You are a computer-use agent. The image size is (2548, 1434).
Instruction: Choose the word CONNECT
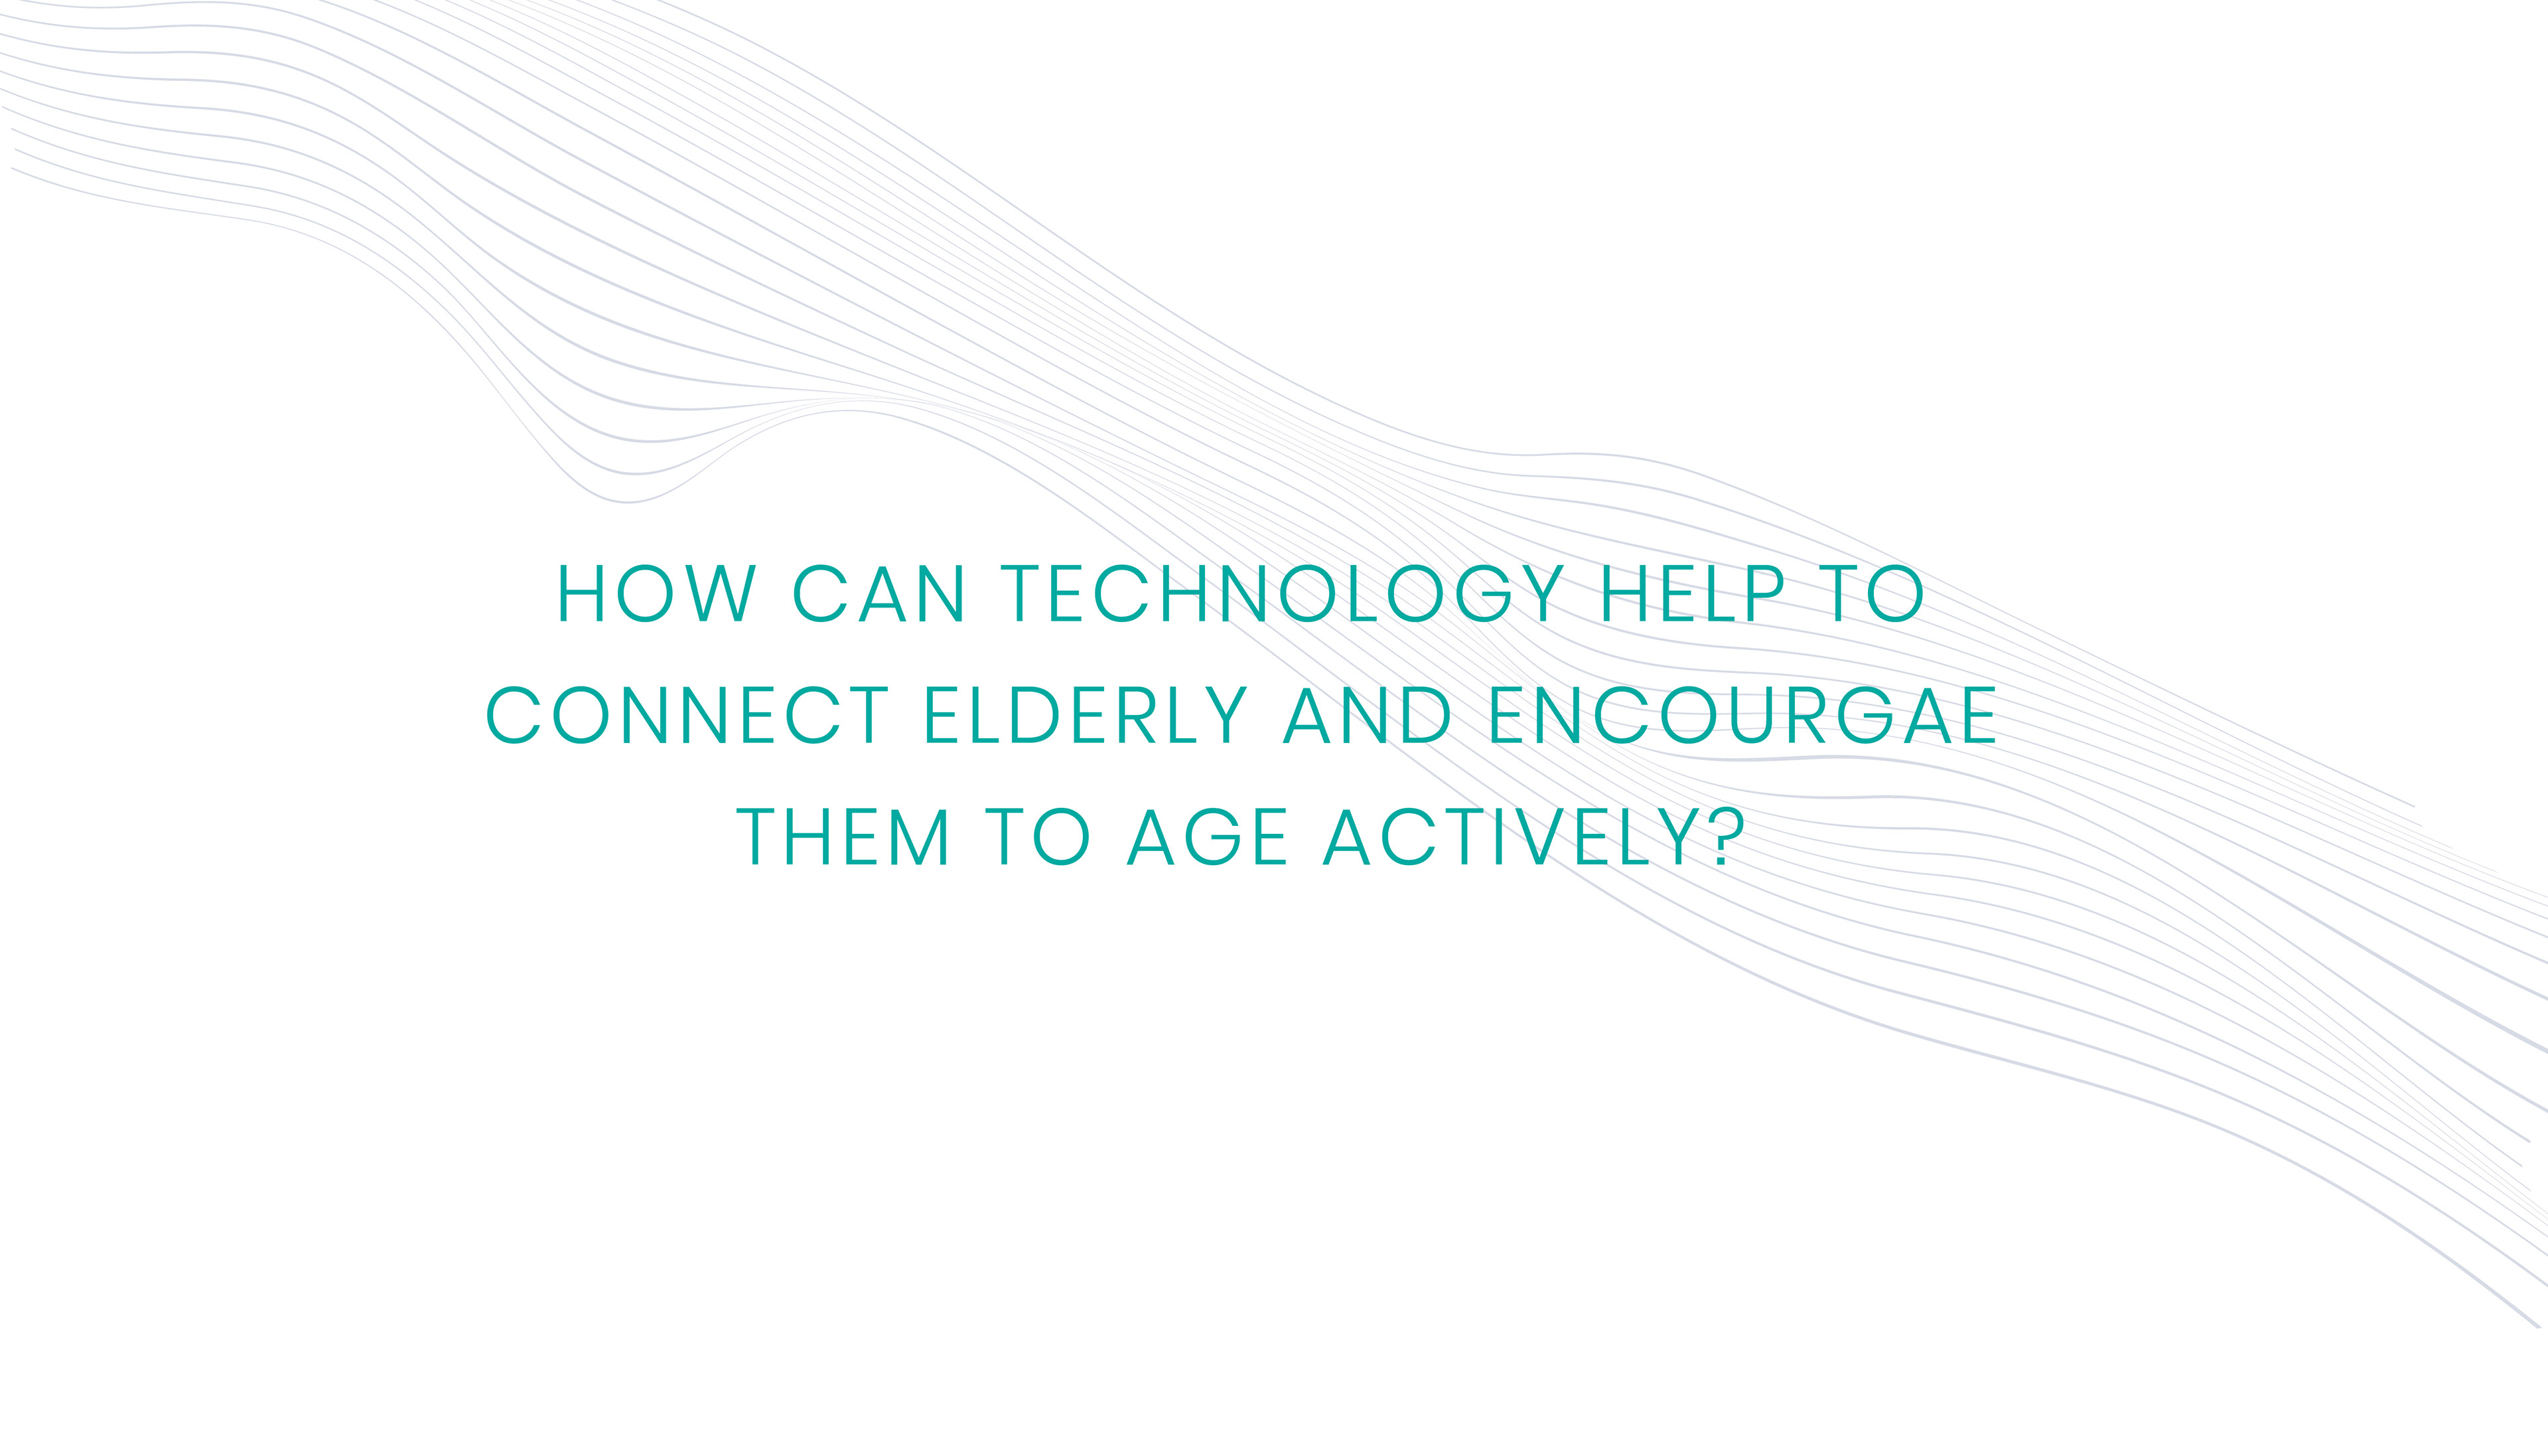coord(687,716)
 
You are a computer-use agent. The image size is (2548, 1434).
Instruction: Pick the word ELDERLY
coord(1085,716)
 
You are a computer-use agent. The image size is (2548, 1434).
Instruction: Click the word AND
coord(1367,716)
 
